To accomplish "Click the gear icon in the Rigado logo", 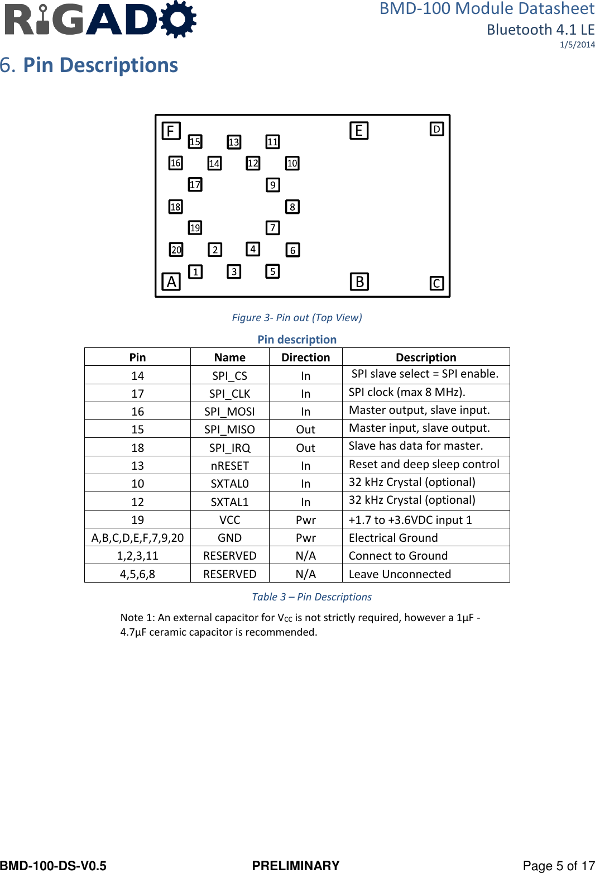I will [x=178, y=19].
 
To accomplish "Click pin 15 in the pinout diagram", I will [x=195, y=141].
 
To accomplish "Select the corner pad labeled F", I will [x=171, y=131].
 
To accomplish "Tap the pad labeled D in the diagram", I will [x=436, y=129].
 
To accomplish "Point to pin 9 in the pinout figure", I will [x=272, y=185].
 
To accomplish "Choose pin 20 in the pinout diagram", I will [x=176, y=250].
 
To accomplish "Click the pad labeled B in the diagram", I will [x=359, y=282].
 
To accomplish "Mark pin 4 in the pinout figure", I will [x=253, y=249].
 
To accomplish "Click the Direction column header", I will [x=305, y=357].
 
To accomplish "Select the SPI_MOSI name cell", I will [x=229, y=412].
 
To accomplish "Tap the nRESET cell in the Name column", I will [x=229, y=466].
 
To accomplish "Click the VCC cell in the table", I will [x=229, y=520].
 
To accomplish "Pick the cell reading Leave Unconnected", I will [x=400, y=574].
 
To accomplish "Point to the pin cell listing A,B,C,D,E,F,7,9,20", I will [x=137, y=538].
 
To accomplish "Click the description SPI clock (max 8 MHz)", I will [x=407, y=392].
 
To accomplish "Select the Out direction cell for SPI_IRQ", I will [x=305, y=448].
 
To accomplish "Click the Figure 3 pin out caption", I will [x=297, y=317].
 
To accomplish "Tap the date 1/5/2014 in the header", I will [x=577, y=45].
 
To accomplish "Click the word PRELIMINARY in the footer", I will [x=296, y=866].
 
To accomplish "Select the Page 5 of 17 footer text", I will [x=558, y=866].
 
